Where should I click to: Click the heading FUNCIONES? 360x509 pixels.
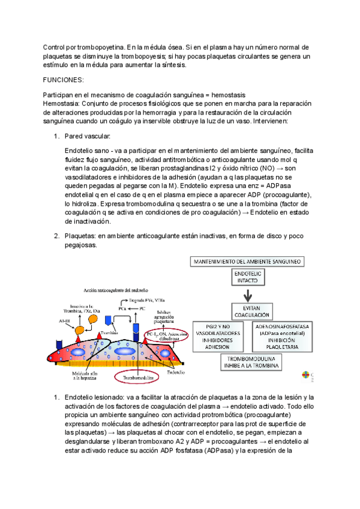tap(64, 79)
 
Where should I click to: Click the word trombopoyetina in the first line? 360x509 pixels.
tap(98, 47)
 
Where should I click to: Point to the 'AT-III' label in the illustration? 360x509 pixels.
tap(64, 322)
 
